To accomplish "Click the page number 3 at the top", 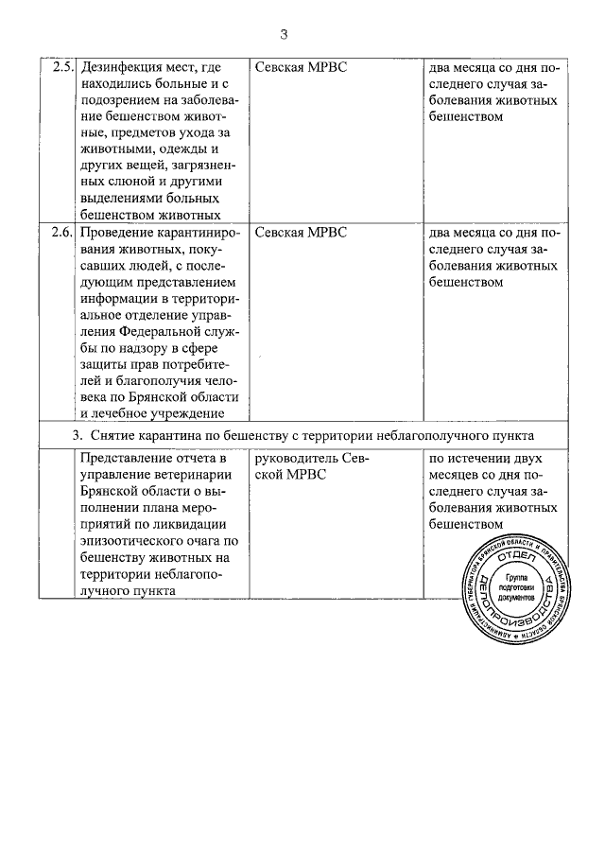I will pyautogui.click(x=284, y=35).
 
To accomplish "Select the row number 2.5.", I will pyautogui.click(x=62, y=68).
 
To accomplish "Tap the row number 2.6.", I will pyautogui.click(x=62, y=232).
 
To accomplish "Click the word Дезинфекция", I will pyautogui.click(x=123, y=68).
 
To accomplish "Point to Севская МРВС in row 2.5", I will pyautogui.click(x=302, y=68).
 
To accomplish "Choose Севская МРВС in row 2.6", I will pyautogui.click(x=302, y=232).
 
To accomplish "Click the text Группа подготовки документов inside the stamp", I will pyautogui.click(x=519, y=586).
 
